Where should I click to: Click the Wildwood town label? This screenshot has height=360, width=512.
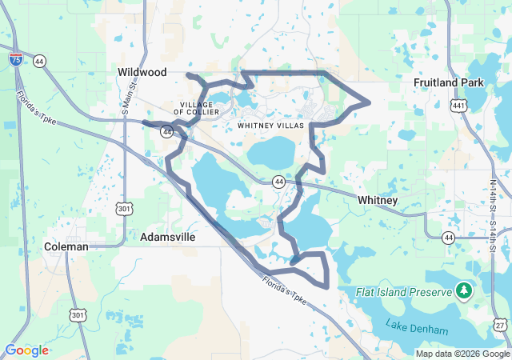click(x=142, y=72)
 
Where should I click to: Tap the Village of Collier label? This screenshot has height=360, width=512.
click(x=196, y=108)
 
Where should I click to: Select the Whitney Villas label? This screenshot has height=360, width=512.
click(x=270, y=126)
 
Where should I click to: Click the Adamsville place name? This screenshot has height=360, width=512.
click(x=167, y=238)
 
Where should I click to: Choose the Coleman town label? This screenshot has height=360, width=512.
click(x=66, y=246)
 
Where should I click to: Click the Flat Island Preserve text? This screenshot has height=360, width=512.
click(x=404, y=292)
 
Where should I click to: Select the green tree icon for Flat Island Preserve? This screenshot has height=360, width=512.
click(x=463, y=289)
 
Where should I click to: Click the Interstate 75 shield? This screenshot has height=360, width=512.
click(x=16, y=59)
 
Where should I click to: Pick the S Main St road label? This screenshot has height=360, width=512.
click(x=126, y=100)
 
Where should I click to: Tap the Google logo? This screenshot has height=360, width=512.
click(x=26, y=350)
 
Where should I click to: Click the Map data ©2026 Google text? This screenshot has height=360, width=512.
click(x=462, y=354)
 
